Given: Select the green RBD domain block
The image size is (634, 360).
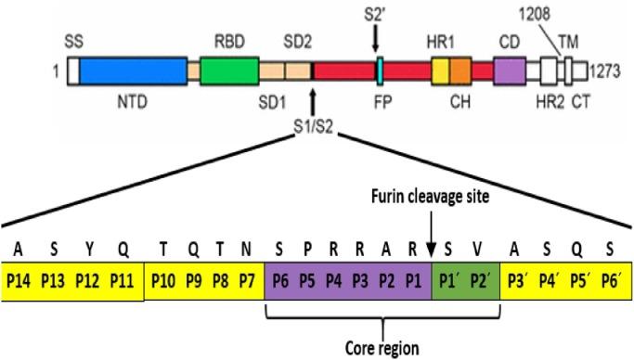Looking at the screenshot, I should [x=229, y=71].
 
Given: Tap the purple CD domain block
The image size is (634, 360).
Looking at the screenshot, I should [x=509, y=71].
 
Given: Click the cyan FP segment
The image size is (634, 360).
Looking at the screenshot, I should [x=380, y=71].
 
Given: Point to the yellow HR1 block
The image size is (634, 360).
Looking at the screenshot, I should [x=441, y=71].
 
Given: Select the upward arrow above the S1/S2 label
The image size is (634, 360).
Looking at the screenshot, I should [x=314, y=99].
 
